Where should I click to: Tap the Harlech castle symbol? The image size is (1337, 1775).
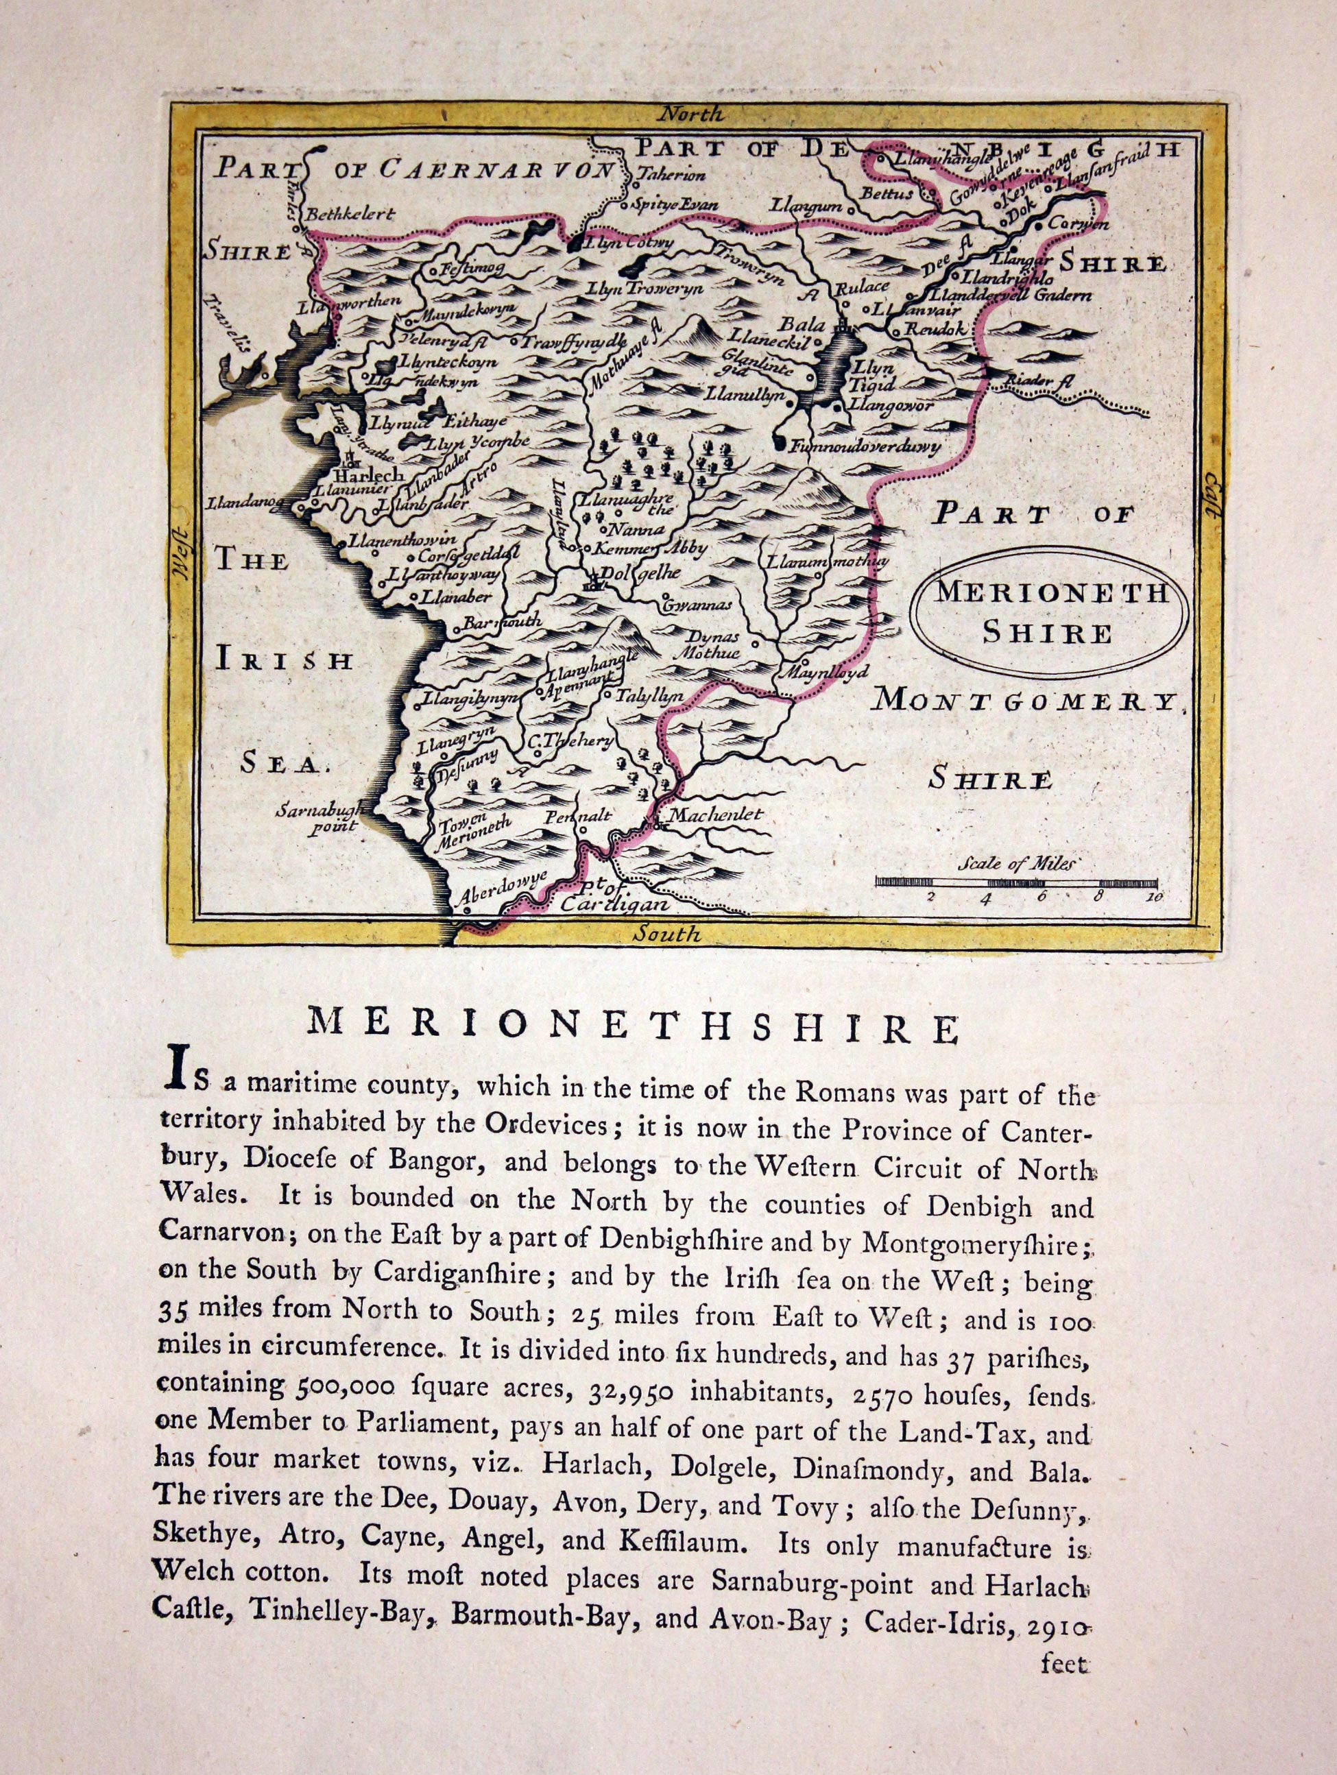350,459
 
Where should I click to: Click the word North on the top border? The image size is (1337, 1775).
690,114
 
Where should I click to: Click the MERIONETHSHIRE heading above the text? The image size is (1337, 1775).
633,1027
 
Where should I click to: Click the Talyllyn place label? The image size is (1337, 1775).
649,697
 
